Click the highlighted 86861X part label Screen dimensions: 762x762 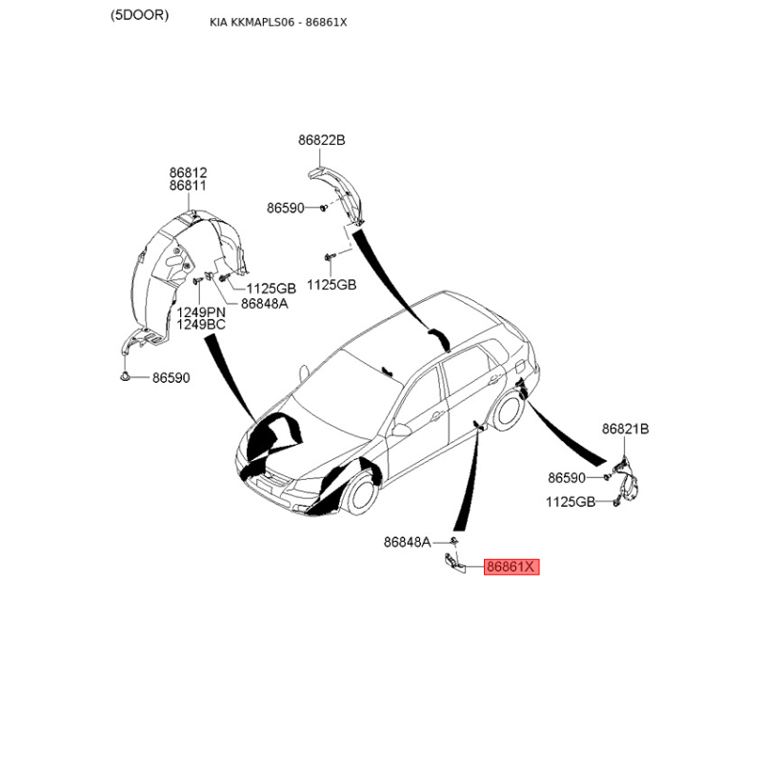coord(511,567)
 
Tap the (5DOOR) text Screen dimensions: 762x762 coord(139,15)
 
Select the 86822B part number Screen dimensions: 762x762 coord(322,140)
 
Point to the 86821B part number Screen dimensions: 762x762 coord(626,429)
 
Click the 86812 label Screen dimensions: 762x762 coord(188,172)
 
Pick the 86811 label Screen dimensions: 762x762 coord(188,185)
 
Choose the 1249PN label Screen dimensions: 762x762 coord(201,312)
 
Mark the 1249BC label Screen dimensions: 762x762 coord(201,324)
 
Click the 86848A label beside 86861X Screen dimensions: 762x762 coord(408,542)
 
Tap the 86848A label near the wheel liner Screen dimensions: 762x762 coord(265,304)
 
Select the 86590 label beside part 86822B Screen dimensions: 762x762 coord(285,208)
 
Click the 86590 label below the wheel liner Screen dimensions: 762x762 coord(171,377)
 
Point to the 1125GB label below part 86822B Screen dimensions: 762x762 coord(331,285)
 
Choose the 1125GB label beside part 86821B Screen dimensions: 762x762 coord(571,502)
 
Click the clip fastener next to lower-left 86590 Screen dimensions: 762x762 coord(125,376)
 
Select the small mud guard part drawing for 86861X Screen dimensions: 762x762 coord(455,564)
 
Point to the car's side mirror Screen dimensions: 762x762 coord(401,431)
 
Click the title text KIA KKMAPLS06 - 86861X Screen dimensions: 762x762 coord(278,22)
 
